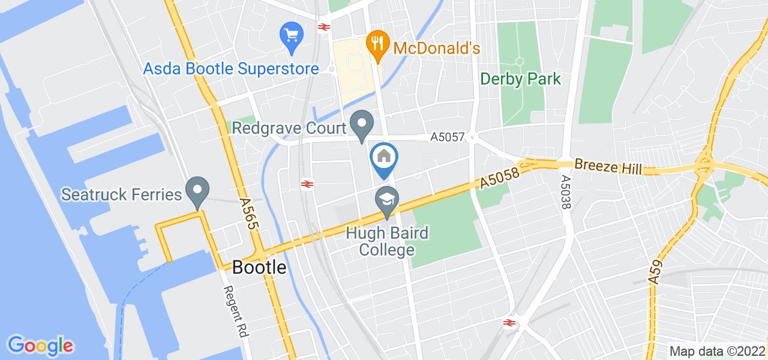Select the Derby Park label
click(520, 79)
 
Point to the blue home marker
click(384, 158)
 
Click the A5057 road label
click(448, 137)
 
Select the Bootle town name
click(259, 267)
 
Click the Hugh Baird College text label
click(387, 241)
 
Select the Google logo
click(40, 345)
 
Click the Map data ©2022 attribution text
click(716, 351)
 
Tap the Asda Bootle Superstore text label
click(231, 69)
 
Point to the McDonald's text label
click(436, 49)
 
